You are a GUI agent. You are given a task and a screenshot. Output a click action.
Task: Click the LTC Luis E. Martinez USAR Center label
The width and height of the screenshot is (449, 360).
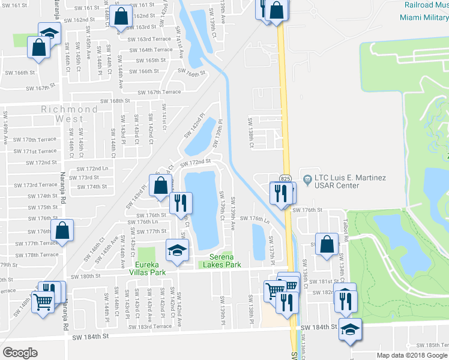(x=351, y=182)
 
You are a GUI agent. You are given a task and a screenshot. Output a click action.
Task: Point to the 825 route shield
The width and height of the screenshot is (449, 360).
(x=286, y=178)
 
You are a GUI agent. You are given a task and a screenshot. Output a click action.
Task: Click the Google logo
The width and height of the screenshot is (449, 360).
(x=20, y=353)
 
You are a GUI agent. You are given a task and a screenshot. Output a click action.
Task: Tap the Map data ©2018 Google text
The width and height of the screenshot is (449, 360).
(x=412, y=355)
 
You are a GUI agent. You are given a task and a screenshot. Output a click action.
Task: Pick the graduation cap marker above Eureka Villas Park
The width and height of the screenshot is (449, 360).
(x=177, y=250)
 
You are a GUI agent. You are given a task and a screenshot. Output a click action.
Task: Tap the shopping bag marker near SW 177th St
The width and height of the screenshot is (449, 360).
(x=62, y=230)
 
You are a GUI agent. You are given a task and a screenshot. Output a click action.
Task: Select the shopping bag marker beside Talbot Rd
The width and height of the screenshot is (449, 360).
(x=326, y=245)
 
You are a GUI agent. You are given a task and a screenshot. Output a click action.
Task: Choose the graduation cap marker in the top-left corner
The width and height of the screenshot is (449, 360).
(x=49, y=33)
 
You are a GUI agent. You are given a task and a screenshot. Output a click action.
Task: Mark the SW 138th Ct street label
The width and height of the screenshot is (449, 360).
(x=251, y=133)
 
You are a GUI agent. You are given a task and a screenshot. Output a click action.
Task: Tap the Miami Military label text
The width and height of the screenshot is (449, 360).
(x=423, y=17)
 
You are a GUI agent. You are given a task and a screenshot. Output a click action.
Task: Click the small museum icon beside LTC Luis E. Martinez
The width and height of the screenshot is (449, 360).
(x=307, y=178)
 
